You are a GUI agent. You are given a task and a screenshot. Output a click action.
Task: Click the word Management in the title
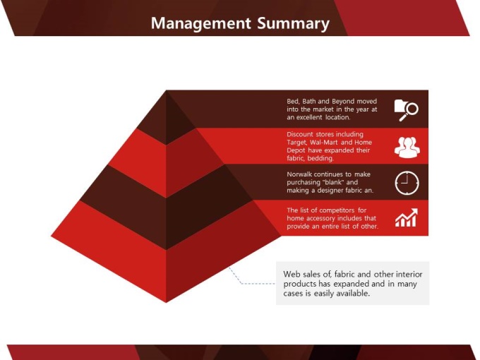click(x=200, y=23)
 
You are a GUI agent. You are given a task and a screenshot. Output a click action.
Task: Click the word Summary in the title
click(x=293, y=23)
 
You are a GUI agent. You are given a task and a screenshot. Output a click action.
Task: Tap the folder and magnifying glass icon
click(x=406, y=110)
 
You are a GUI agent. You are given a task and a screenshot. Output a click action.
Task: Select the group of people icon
click(x=407, y=148)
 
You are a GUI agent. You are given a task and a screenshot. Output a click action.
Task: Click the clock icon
click(x=407, y=183)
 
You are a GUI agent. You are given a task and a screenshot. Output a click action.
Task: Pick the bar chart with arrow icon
click(x=407, y=217)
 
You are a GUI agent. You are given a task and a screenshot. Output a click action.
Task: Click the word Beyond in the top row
click(x=343, y=102)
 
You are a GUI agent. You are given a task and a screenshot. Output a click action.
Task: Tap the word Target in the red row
click(x=297, y=143)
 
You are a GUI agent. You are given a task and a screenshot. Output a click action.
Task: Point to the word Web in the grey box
click(x=291, y=274)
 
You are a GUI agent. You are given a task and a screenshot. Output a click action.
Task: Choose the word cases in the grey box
click(x=292, y=294)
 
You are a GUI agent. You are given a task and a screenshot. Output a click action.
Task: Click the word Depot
click(x=296, y=150)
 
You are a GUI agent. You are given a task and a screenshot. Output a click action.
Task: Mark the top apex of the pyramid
click(x=166, y=90)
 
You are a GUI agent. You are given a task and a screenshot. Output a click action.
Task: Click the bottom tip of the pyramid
click(x=166, y=302)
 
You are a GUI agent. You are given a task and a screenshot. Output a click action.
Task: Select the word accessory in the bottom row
click(x=320, y=219)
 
